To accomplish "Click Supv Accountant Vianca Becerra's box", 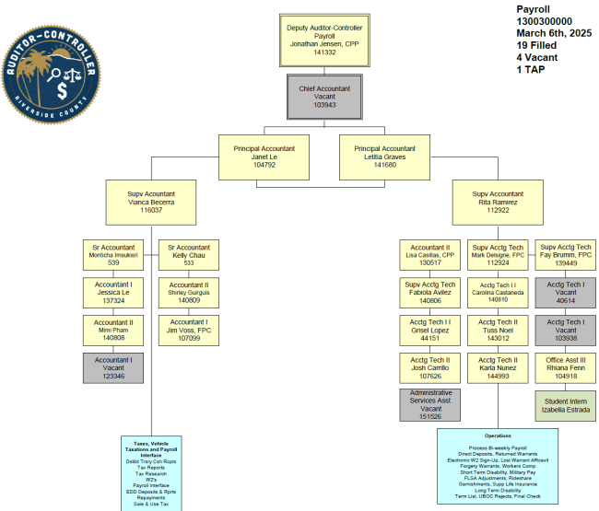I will coord(151,202).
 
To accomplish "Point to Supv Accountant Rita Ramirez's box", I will coord(498,202).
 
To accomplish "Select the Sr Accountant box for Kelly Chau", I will coord(188,255).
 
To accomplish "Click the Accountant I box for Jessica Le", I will coord(113,293).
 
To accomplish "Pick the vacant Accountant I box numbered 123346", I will coord(113,367).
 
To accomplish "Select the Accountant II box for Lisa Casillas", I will coord(429,255).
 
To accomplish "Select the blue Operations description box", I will coord(497,466).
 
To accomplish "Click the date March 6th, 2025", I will coord(553,33).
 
